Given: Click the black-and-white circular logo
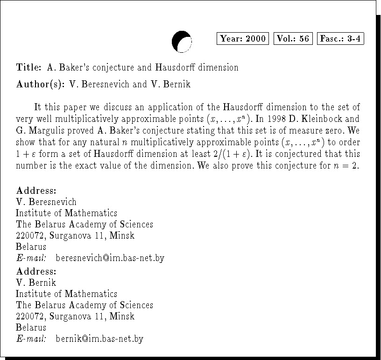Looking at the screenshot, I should pyautogui.click(x=182, y=42).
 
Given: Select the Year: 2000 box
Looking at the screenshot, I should pyautogui.click(x=243, y=39).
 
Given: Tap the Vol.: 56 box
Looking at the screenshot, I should pyautogui.click(x=293, y=39).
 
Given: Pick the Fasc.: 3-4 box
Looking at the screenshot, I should pyautogui.click(x=340, y=39).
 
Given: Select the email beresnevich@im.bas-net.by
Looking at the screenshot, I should pyautogui.click(x=110, y=258).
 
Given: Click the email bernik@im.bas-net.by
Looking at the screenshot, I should pyautogui.click(x=99, y=339).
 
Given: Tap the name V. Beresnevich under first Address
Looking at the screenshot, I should pyautogui.click(x=46, y=202).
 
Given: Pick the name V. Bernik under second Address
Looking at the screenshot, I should pyautogui.click(x=36, y=283).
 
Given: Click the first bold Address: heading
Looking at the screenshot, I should pyautogui.click(x=36, y=191).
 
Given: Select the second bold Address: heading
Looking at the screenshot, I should pyautogui.click(x=36, y=271).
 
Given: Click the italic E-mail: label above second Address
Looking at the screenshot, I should pyautogui.click(x=31, y=258).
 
